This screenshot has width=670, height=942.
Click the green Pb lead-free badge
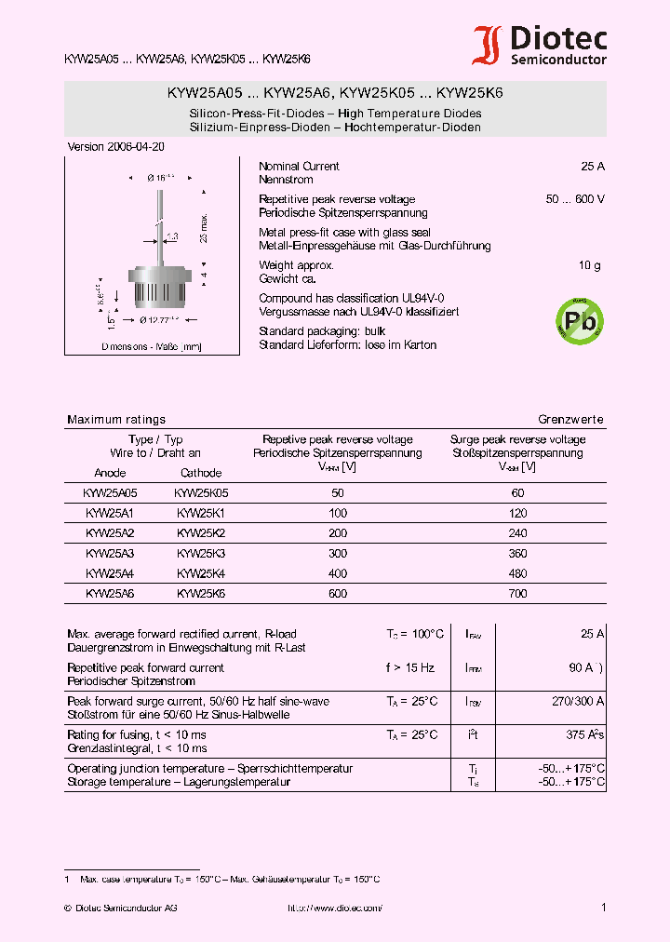coord(578,321)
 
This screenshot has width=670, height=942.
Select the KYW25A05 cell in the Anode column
coord(110,493)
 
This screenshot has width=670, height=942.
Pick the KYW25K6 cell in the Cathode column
coord(201,593)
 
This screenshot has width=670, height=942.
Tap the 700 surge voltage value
coord(518,593)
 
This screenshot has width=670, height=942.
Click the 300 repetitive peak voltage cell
coord(337,553)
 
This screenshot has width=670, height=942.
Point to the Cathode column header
coord(201,473)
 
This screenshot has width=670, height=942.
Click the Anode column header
coord(110,473)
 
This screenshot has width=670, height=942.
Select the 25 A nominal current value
coord(593,167)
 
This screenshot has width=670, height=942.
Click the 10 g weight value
coord(590,265)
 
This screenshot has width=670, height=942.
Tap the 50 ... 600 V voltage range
coord(575,199)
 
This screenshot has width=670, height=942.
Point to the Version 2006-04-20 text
coord(117,147)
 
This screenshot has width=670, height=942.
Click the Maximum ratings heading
coord(116,420)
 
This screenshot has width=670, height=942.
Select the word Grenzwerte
coord(570,420)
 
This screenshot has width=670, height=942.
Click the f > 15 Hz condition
coord(409,667)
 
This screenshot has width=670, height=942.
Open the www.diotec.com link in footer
coord(335,908)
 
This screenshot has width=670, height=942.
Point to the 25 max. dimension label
coord(204,227)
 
